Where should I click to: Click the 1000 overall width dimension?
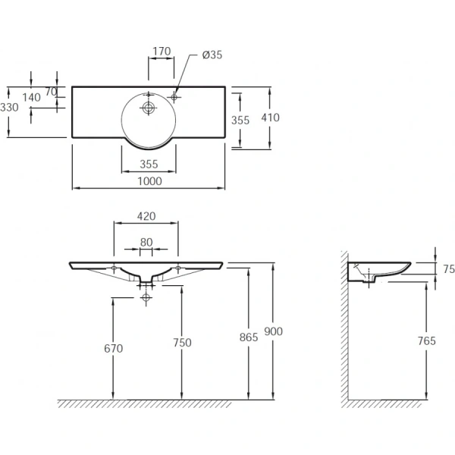tap(149, 181)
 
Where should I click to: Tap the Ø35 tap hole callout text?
tap(212, 55)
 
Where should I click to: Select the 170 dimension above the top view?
tap(162, 52)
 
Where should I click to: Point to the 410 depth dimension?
tap(270, 118)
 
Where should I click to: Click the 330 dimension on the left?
tap(9, 108)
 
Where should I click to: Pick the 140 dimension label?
tap(31, 98)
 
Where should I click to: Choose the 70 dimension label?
tap(51, 92)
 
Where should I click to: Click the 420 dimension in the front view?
tap(146, 216)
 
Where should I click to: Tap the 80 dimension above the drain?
tap(146, 243)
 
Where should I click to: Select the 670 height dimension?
tap(114, 348)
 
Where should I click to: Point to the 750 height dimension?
tap(182, 343)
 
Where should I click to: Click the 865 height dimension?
tap(249, 337)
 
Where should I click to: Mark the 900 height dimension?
tap(273, 331)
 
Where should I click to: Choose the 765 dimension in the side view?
tap(426, 340)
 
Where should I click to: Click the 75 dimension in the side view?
tap(449, 269)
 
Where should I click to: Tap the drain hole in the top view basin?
tap(149, 108)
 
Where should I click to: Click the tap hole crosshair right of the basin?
tap(174, 97)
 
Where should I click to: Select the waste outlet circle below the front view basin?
tap(146, 297)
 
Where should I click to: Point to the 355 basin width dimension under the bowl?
tap(149, 165)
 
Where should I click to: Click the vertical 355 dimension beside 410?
tap(240, 120)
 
